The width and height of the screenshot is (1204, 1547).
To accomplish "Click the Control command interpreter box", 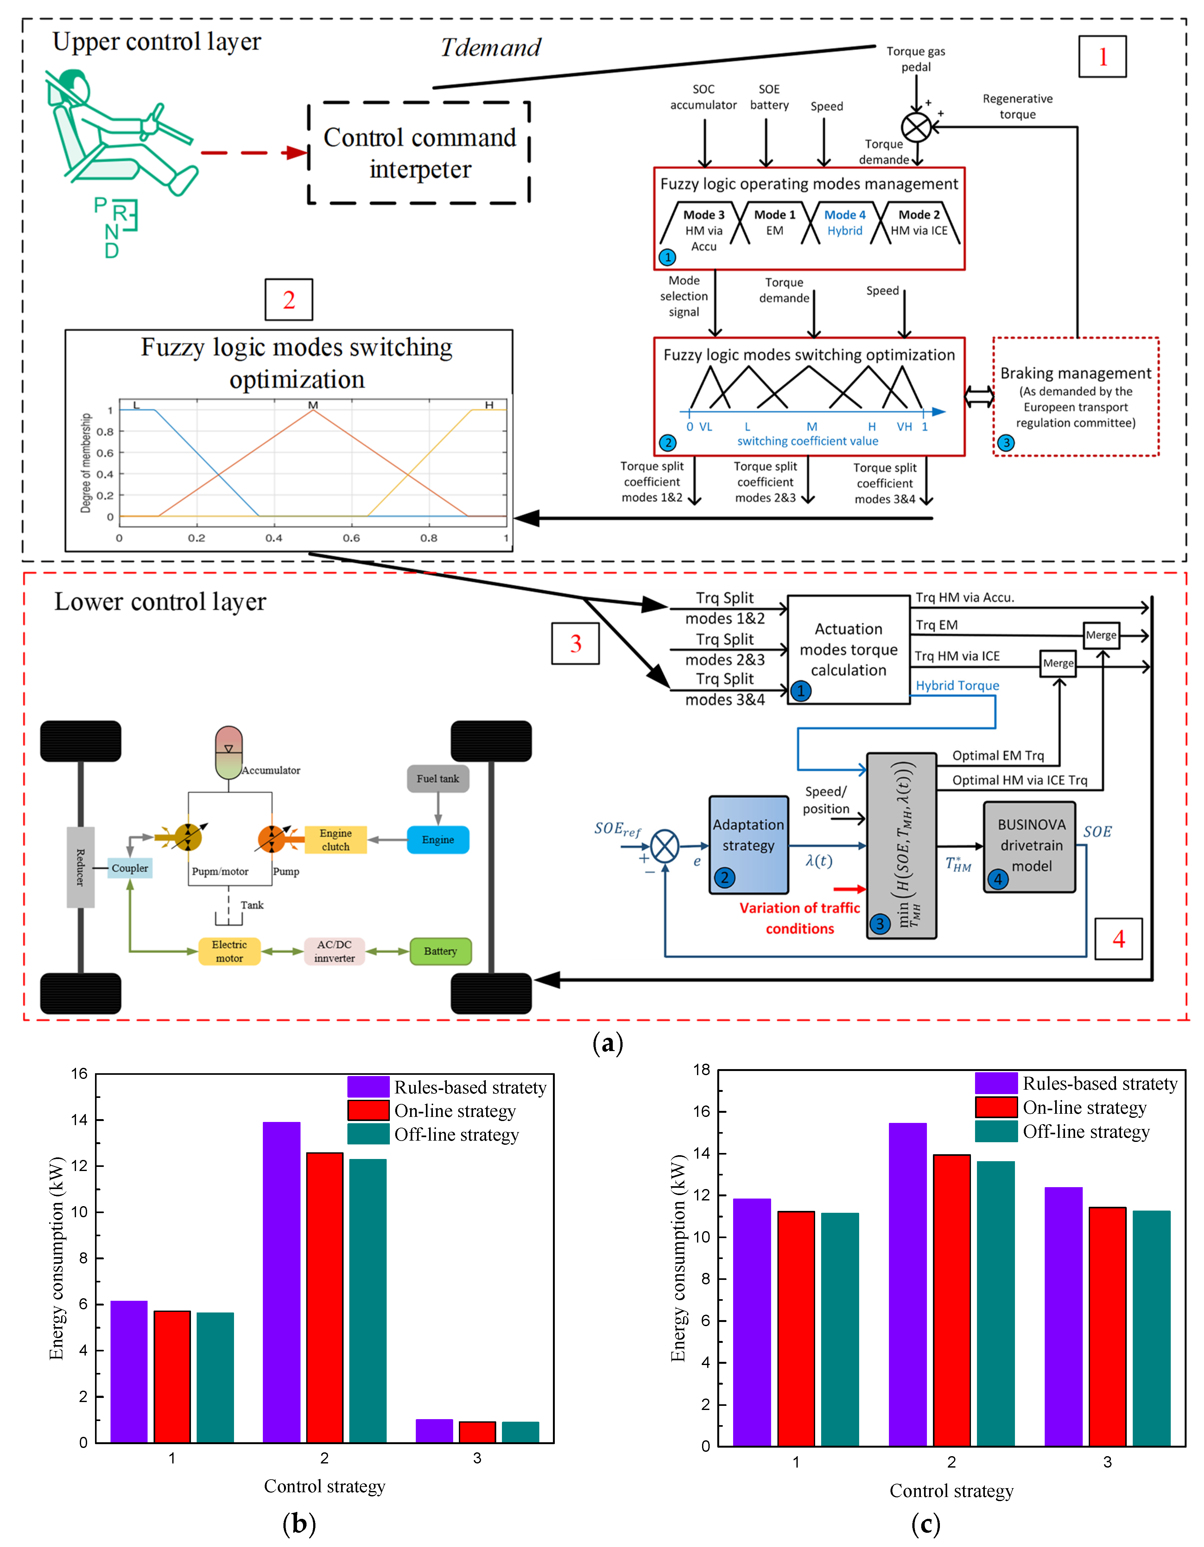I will click(x=419, y=153).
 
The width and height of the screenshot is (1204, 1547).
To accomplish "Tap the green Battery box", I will click(x=440, y=951).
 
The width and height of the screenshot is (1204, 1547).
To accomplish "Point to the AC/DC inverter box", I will click(x=334, y=951).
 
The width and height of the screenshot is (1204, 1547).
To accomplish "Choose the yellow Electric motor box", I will click(x=229, y=951).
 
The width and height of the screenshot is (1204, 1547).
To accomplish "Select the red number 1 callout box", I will click(x=1102, y=57).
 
